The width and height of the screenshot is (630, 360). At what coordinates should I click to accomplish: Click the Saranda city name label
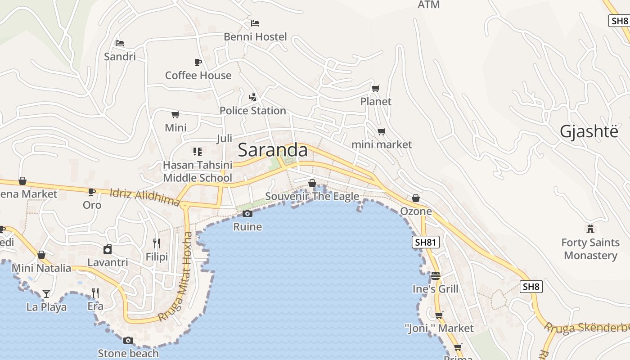tap(273, 150)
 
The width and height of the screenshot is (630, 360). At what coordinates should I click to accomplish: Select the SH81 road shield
tap(425, 243)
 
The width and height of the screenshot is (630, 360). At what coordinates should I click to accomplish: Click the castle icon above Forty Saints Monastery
tap(590, 229)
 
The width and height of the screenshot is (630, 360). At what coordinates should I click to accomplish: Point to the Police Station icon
tap(253, 97)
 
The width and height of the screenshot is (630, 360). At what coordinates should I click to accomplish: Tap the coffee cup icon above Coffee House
tap(198, 62)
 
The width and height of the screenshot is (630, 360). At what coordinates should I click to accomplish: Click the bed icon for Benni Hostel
tap(255, 23)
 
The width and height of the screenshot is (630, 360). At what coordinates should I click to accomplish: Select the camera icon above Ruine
tap(247, 213)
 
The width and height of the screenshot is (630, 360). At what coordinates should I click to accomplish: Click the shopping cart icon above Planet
tap(375, 88)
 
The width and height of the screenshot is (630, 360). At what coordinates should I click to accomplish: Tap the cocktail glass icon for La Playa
tap(46, 294)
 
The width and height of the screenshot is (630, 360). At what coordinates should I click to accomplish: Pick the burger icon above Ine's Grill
tap(435, 275)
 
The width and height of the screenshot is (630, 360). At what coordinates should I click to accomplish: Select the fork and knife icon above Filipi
tap(157, 243)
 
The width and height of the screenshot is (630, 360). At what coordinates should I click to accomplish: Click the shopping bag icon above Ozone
tap(416, 198)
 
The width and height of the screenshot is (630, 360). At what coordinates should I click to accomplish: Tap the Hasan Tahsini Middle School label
tap(198, 171)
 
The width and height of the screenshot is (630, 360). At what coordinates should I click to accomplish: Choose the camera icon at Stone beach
tap(128, 340)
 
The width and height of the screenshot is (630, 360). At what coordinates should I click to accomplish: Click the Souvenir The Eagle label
tap(312, 196)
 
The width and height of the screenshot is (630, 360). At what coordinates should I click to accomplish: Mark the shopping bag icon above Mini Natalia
tap(41, 255)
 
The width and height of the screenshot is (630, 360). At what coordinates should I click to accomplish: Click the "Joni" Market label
tap(439, 328)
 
